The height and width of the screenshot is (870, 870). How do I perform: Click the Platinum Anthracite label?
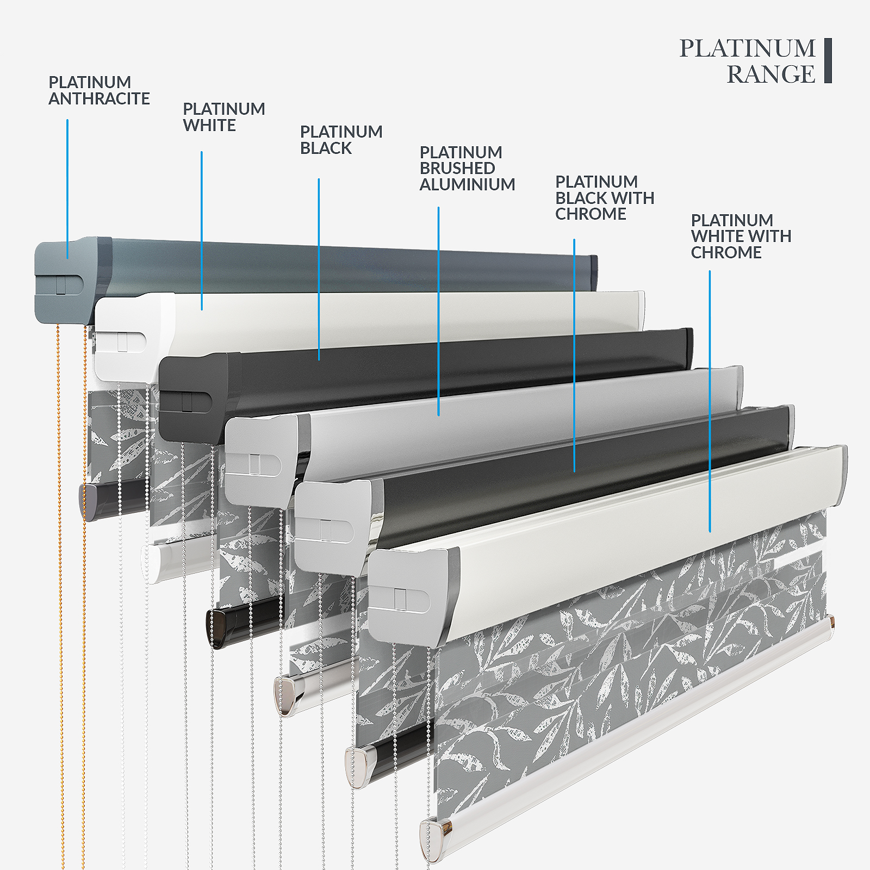99,90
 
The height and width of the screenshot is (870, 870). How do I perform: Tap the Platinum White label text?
223,117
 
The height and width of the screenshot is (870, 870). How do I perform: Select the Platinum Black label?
341,140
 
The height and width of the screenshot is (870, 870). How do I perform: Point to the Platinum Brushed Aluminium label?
467,168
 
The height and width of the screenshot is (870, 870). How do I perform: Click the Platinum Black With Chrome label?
604,197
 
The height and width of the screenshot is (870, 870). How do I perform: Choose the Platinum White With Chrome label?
741,236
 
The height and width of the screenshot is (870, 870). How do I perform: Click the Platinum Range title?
748,61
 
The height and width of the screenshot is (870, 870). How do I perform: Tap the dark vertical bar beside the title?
828,60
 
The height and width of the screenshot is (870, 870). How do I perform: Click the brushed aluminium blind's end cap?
259,460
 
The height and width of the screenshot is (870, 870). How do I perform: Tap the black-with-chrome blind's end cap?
330,525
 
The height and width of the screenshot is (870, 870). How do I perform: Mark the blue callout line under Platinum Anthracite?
67,188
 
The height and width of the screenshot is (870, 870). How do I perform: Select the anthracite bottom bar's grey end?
89,501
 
